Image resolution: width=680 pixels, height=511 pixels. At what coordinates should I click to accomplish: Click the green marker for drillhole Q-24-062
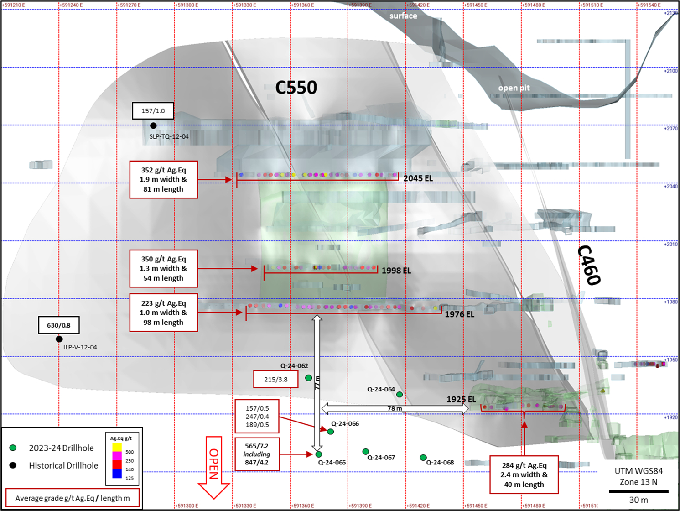pyautogui.click(x=308, y=378)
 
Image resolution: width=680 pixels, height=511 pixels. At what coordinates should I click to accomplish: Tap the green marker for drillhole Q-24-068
pyautogui.click(x=423, y=458)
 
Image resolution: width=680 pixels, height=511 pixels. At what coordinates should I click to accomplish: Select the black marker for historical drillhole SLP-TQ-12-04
pyautogui.click(x=153, y=125)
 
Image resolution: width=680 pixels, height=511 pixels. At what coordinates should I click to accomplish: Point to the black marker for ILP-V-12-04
pyautogui.click(x=59, y=339)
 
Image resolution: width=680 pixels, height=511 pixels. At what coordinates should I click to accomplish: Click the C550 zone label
pyautogui.click(x=296, y=88)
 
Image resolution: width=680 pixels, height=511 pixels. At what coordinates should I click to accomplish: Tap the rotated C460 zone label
pyautogui.click(x=589, y=265)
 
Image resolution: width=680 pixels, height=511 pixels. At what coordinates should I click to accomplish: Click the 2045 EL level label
pyautogui.click(x=418, y=178)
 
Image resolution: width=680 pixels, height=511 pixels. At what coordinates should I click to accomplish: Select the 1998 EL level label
pyautogui.click(x=396, y=271)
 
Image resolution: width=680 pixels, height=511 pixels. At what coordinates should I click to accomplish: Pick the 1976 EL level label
pyautogui.click(x=459, y=314)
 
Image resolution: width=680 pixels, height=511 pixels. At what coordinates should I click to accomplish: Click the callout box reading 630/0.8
pyautogui.click(x=59, y=325)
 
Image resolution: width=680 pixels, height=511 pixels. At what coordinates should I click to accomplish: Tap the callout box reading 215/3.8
pyautogui.click(x=275, y=379)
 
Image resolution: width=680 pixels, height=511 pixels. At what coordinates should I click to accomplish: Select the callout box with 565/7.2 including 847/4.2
pyautogui.click(x=257, y=454)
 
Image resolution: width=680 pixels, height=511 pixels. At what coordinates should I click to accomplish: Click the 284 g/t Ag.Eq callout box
pyautogui.click(x=524, y=475)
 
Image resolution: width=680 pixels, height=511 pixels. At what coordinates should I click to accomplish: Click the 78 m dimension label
pyautogui.click(x=395, y=408)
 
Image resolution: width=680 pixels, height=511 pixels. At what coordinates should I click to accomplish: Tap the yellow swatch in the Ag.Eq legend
pyautogui.click(x=117, y=447)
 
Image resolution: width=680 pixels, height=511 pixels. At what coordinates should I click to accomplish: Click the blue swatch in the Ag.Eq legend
pyautogui.click(x=117, y=474)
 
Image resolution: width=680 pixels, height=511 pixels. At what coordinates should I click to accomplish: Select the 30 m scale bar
pyautogui.click(x=638, y=491)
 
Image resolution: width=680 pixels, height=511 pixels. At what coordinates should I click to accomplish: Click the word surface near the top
pyautogui.click(x=403, y=16)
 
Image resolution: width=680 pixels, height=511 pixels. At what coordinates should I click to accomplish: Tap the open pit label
pyautogui.click(x=514, y=88)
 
